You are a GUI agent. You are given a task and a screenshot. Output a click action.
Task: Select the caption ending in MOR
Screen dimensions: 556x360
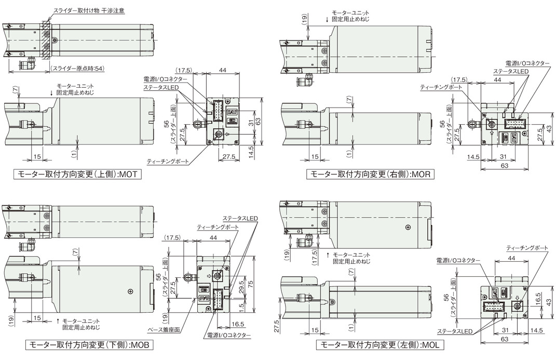(370, 174)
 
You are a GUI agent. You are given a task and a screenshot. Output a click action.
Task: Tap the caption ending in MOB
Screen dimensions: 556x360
(89, 345)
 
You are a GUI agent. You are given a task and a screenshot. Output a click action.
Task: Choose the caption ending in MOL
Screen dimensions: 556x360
(380, 345)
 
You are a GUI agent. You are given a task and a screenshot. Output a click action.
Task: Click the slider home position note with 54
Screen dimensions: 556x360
(78, 69)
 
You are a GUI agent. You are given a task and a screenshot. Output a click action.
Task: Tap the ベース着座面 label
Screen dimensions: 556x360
(164, 330)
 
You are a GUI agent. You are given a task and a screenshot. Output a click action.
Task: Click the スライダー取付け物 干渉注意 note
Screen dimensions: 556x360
(89, 10)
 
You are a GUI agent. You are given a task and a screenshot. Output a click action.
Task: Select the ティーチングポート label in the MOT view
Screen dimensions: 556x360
(168, 162)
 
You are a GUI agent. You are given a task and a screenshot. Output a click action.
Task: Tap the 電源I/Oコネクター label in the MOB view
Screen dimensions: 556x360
(228, 335)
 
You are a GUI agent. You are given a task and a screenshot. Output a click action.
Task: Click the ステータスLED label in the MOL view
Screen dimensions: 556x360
(455, 331)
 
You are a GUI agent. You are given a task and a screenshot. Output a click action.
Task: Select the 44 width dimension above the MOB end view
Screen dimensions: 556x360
(214, 237)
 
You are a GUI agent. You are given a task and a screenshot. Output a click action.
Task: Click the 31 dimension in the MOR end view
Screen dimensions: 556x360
(503, 157)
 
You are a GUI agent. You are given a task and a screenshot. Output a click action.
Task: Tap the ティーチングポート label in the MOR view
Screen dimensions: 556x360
(441, 87)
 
